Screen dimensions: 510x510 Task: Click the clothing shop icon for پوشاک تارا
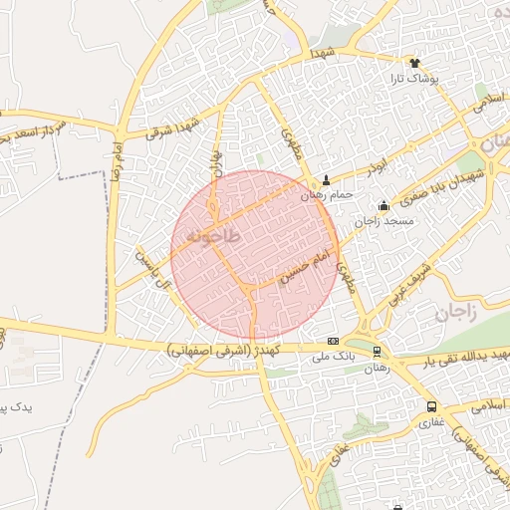click(414, 61)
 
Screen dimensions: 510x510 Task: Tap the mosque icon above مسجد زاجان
click(384, 205)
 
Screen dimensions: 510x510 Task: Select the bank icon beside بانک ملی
click(333, 340)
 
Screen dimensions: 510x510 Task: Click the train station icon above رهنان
click(377, 352)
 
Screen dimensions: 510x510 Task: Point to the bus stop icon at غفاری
click(431, 406)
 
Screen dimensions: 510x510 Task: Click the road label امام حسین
click(305, 268)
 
